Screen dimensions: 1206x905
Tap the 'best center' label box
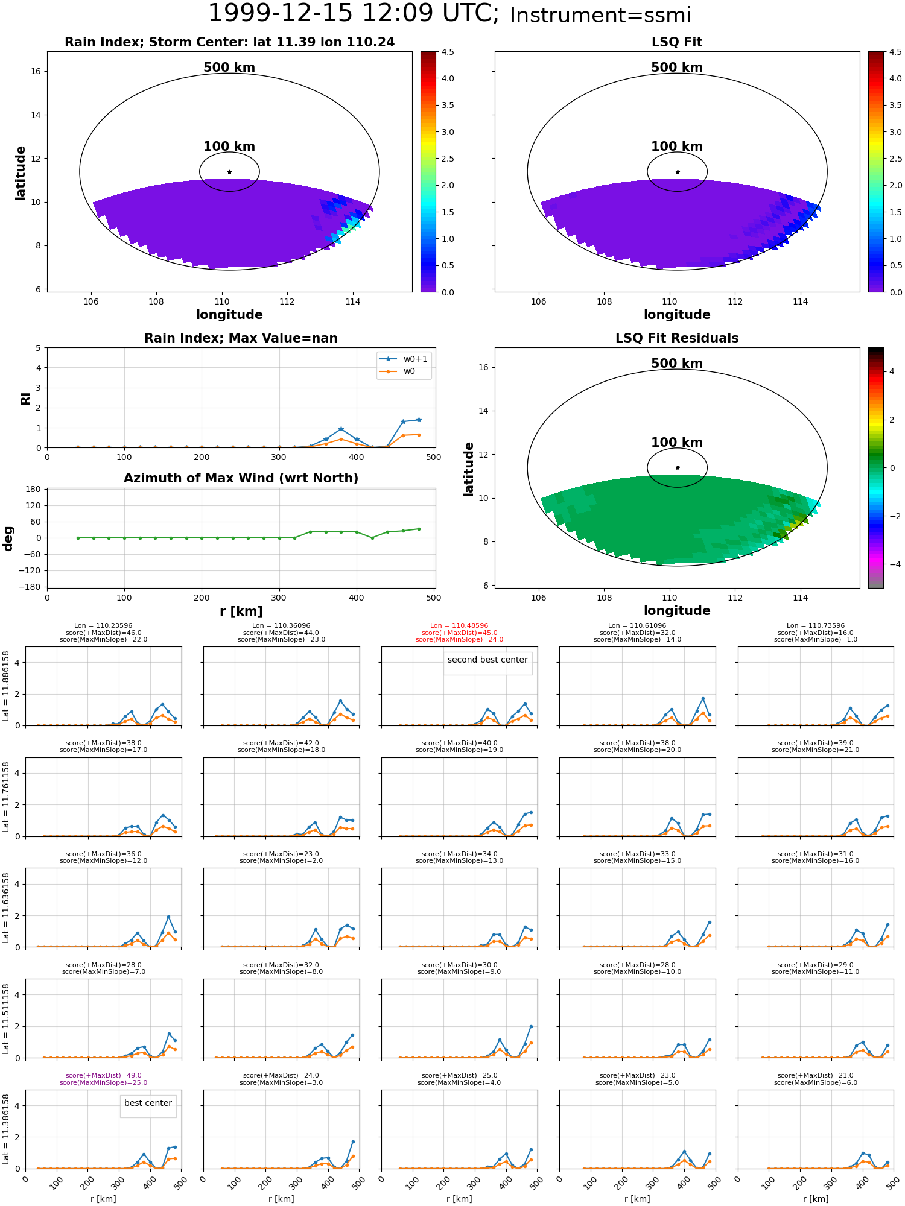coord(148,1103)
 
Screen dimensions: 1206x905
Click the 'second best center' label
coord(487,660)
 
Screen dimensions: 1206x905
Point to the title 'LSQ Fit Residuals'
coord(677,338)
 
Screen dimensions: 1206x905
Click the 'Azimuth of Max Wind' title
coord(241,478)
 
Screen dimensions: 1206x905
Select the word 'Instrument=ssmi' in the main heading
coord(600,16)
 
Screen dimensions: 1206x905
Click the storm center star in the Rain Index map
coord(229,172)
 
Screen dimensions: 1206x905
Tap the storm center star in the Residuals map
coord(678,467)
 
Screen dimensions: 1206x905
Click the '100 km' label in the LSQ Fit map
coord(677,147)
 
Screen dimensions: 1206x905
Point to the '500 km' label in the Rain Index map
coord(229,68)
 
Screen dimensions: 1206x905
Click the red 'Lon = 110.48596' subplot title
coord(459,626)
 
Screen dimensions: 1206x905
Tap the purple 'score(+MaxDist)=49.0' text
coord(103,1076)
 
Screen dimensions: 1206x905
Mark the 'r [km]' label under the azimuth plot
coord(241,611)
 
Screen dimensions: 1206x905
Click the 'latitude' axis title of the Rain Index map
coord(21,172)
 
